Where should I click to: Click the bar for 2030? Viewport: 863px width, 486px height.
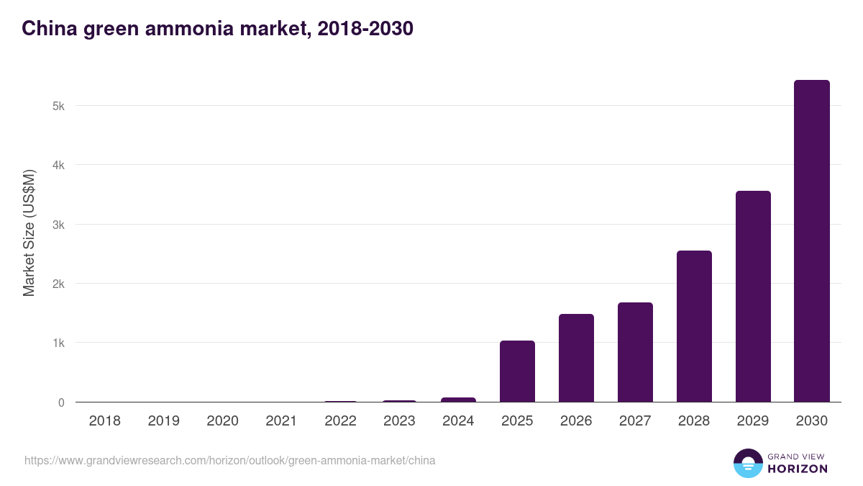tap(811, 241)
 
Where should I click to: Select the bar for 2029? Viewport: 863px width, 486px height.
tap(753, 297)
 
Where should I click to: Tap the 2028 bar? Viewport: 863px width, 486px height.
tap(694, 326)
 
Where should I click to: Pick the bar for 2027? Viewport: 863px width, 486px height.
tap(635, 352)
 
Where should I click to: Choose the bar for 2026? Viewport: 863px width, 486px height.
tap(576, 358)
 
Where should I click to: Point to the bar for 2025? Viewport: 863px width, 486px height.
tap(517, 372)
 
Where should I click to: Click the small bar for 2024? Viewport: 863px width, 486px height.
tap(458, 400)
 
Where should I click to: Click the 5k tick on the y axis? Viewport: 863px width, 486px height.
tap(58, 106)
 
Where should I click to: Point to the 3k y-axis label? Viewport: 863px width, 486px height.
tap(58, 225)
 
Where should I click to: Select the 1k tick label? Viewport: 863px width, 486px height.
tap(58, 343)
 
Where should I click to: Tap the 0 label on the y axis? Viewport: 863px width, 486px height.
tap(61, 402)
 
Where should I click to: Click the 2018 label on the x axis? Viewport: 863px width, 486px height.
tap(105, 421)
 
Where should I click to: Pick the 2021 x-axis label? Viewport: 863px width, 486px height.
tap(281, 421)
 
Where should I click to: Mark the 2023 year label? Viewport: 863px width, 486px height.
tap(399, 421)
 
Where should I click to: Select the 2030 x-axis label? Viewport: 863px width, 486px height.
tap(811, 421)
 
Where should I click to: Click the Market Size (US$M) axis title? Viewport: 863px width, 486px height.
tap(29, 233)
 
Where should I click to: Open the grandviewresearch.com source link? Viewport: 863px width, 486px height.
tap(229, 460)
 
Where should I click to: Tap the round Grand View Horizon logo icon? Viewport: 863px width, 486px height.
tap(747, 463)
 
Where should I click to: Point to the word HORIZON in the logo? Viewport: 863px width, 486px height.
tap(798, 469)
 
